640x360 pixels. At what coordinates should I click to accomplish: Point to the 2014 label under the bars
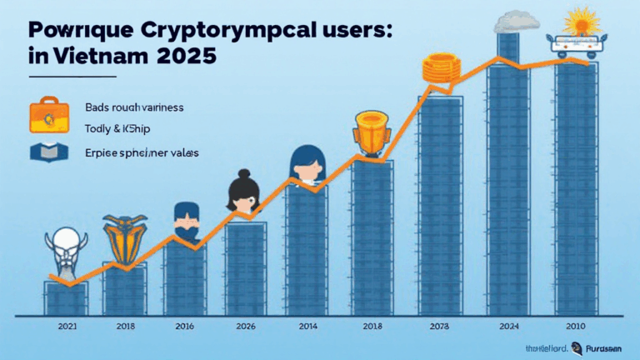[307, 326]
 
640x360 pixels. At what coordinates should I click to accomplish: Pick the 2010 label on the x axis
[575, 326]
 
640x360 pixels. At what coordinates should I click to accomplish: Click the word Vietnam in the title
[94, 60]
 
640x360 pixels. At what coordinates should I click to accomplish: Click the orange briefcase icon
[43, 115]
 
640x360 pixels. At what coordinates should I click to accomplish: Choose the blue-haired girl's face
[305, 165]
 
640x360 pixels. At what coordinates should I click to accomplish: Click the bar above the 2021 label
[66, 298]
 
